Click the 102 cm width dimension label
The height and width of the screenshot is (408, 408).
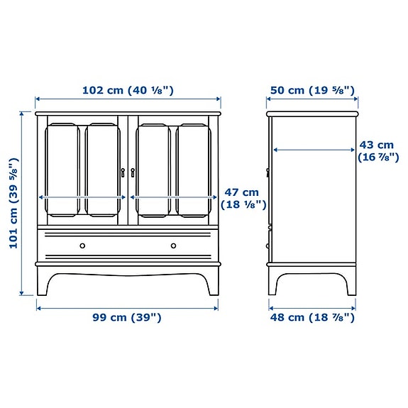[x=128, y=90]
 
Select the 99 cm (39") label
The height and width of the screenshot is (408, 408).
[x=128, y=317]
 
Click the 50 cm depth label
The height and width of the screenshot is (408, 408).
[x=311, y=90]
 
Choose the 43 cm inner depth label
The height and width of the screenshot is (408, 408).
[x=376, y=151]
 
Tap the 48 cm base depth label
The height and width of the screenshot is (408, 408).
[x=311, y=317]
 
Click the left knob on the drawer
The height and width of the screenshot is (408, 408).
[x=82, y=246]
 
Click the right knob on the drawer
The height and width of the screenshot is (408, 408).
[x=173, y=246]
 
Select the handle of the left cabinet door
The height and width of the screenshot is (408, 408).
[x=123, y=172]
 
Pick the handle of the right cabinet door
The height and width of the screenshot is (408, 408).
[x=133, y=172]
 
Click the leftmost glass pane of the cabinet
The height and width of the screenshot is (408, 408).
[x=62, y=170]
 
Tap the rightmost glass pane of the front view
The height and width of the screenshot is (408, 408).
[x=194, y=170]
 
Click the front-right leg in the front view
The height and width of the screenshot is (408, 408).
[x=213, y=280]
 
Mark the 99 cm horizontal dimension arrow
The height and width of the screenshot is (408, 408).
[x=128, y=307]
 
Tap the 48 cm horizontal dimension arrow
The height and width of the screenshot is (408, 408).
[x=311, y=307]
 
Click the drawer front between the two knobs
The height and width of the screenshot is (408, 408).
[x=128, y=246]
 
